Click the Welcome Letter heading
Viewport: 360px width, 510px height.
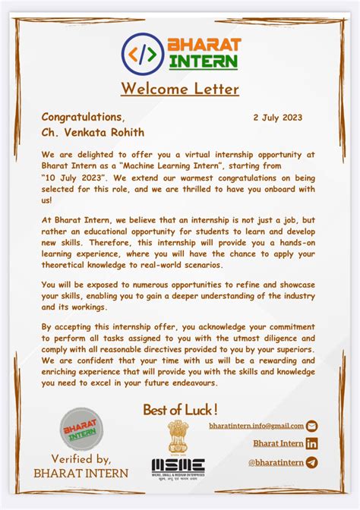(x=179, y=90)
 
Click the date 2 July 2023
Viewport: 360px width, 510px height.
(x=277, y=118)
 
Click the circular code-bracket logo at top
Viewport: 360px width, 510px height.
(x=142, y=53)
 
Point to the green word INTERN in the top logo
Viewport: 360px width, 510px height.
(x=204, y=61)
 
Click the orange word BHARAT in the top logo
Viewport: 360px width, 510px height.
(x=204, y=45)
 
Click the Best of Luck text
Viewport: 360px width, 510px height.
(x=180, y=411)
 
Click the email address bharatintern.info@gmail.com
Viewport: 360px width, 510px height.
(x=256, y=427)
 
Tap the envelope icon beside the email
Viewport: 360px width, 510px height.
(x=311, y=427)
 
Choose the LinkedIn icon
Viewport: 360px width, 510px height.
(x=311, y=444)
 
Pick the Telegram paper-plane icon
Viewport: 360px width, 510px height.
(x=311, y=462)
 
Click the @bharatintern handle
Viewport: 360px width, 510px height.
(x=276, y=462)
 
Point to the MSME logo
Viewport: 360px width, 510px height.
(x=178, y=467)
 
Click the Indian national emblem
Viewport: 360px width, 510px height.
(x=178, y=436)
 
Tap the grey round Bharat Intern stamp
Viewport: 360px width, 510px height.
(x=81, y=430)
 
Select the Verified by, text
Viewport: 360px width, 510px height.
(x=81, y=458)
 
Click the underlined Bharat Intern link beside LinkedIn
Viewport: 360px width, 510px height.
(x=278, y=444)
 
